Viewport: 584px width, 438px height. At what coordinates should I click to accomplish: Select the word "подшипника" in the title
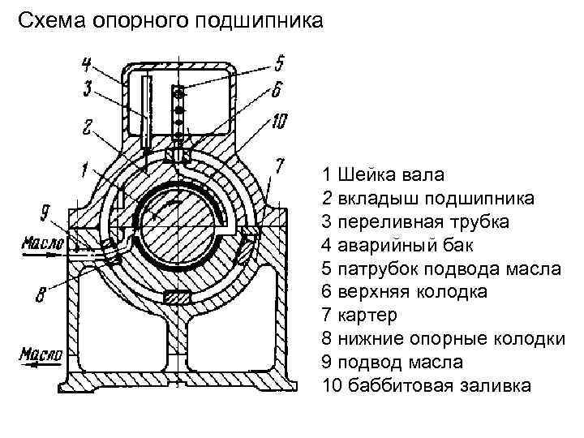[x=265, y=20]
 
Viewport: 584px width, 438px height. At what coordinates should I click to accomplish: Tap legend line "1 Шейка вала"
[x=382, y=174]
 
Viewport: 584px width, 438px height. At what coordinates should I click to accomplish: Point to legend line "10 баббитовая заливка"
[x=427, y=384]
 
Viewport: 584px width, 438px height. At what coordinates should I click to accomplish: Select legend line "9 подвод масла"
[x=394, y=361]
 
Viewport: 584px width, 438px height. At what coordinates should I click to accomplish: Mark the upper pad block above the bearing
[x=177, y=153]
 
